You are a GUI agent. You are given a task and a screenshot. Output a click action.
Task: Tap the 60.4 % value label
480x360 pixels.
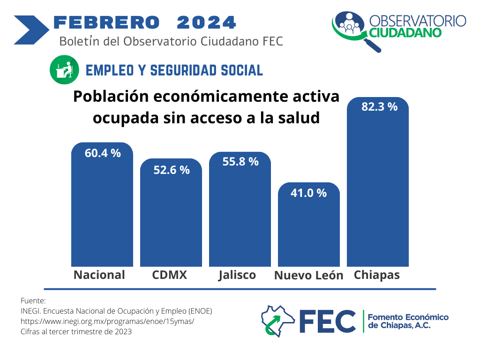pyautogui.click(x=103, y=153)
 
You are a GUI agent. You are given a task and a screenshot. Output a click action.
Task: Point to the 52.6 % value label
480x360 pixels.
pyautogui.click(x=172, y=170)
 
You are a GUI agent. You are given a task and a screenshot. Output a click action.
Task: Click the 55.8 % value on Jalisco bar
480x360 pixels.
pyautogui.click(x=240, y=162)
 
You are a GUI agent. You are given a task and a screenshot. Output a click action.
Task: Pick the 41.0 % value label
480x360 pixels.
pyautogui.click(x=308, y=193)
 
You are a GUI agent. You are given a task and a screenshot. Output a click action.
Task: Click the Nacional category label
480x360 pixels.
pyautogui.click(x=99, y=275)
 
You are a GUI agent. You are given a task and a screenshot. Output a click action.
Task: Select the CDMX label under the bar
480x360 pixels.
pyautogui.click(x=170, y=275)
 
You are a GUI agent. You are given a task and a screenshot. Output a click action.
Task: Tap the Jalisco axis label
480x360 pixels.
pyautogui.click(x=237, y=275)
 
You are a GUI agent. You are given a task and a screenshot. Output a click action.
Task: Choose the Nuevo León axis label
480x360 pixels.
pyautogui.click(x=308, y=276)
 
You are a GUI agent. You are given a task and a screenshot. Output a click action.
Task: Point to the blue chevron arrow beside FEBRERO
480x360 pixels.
pyautogui.click(x=31, y=30)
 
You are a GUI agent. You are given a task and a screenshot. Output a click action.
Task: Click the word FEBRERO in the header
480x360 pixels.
pyautogui.click(x=106, y=22)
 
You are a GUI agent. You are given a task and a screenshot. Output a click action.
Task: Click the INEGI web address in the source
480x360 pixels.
pyautogui.click(x=107, y=321)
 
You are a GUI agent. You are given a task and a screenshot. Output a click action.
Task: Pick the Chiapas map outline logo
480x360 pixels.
pyautogui.click(x=277, y=321)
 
